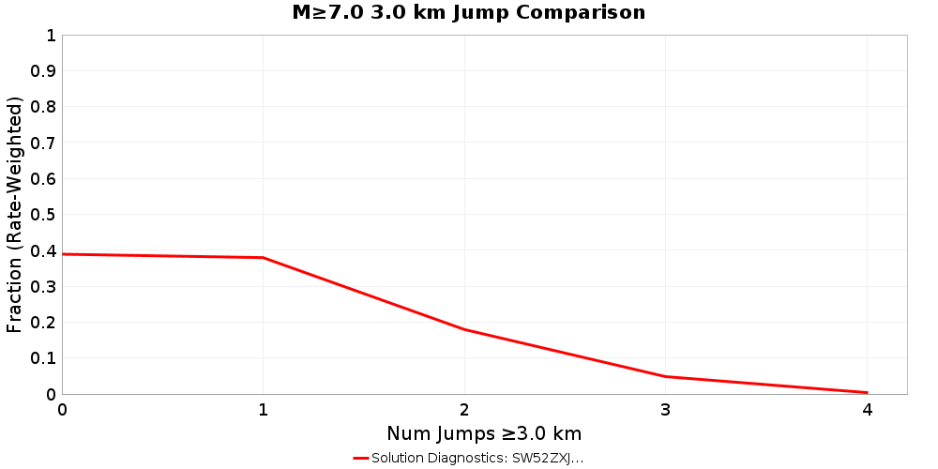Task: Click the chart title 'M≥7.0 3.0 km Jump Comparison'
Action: click(469, 12)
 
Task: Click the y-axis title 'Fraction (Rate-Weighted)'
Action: click(15, 214)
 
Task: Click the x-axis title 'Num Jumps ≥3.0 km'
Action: click(484, 433)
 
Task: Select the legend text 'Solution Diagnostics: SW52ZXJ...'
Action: click(477, 458)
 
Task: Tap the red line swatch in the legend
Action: click(361, 458)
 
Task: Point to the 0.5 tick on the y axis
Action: click(44, 215)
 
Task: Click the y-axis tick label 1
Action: click(50, 36)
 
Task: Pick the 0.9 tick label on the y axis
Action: click(44, 71)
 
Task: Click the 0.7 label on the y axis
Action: click(44, 143)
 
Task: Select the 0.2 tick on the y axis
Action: click(44, 322)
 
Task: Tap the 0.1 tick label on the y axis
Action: click(44, 358)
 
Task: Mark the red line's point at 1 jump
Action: click(264, 258)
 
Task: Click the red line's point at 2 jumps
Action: click(464, 329)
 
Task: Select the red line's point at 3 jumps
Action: click(665, 376)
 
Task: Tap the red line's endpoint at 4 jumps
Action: click(867, 392)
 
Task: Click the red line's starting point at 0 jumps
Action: click(63, 254)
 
